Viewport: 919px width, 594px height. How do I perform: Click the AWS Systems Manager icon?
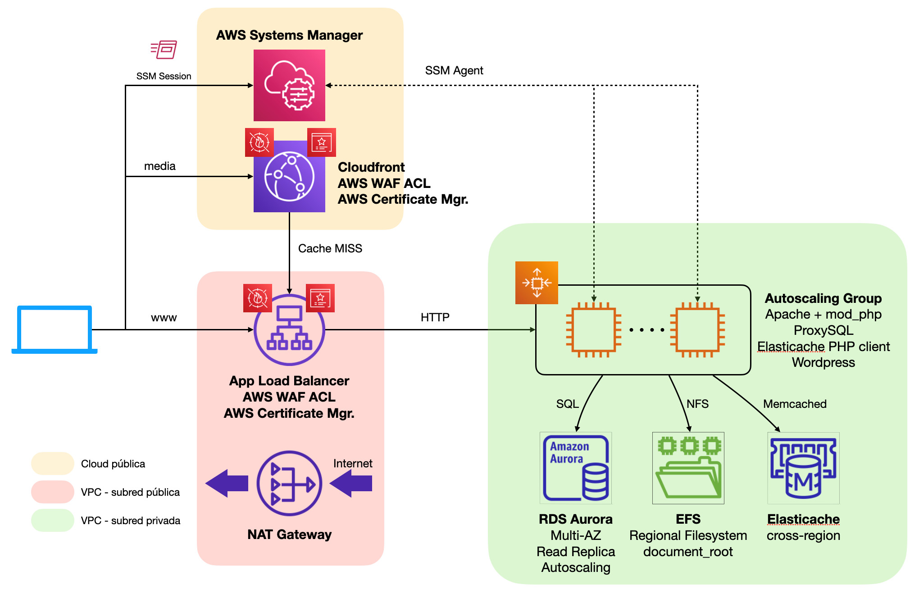click(x=289, y=85)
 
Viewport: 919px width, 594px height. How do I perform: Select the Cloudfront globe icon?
click(x=289, y=176)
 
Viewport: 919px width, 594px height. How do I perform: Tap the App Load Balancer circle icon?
click(x=289, y=330)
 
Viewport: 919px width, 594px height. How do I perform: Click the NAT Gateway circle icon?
click(x=289, y=484)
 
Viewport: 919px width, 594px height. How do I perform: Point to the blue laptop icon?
click(x=55, y=329)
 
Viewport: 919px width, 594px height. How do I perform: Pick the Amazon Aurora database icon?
click(x=576, y=468)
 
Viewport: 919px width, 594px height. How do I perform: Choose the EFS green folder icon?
click(x=688, y=468)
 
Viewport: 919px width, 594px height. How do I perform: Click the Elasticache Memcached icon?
click(x=803, y=468)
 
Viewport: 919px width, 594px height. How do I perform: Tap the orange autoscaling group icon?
click(x=537, y=283)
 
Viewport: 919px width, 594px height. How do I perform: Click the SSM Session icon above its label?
click(x=164, y=50)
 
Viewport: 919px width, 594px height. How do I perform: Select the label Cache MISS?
click(x=330, y=248)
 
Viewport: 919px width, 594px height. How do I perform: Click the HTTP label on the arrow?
click(x=435, y=317)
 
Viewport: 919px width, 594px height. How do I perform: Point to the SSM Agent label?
click(x=454, y=70)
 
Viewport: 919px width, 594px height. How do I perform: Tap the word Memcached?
click(x=795, y=404)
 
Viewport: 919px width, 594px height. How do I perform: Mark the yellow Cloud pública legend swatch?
click(x=53, y=463)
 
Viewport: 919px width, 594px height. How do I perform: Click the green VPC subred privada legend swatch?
click(x=53, y=520)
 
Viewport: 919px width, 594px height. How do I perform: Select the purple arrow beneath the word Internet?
click(x=351, y=484)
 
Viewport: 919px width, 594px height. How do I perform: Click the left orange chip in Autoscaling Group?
click(x=593, y=330)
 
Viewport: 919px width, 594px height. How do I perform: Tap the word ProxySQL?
click(x=823, y=330)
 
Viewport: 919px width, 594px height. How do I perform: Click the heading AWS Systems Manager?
click(x=289, y=35)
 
